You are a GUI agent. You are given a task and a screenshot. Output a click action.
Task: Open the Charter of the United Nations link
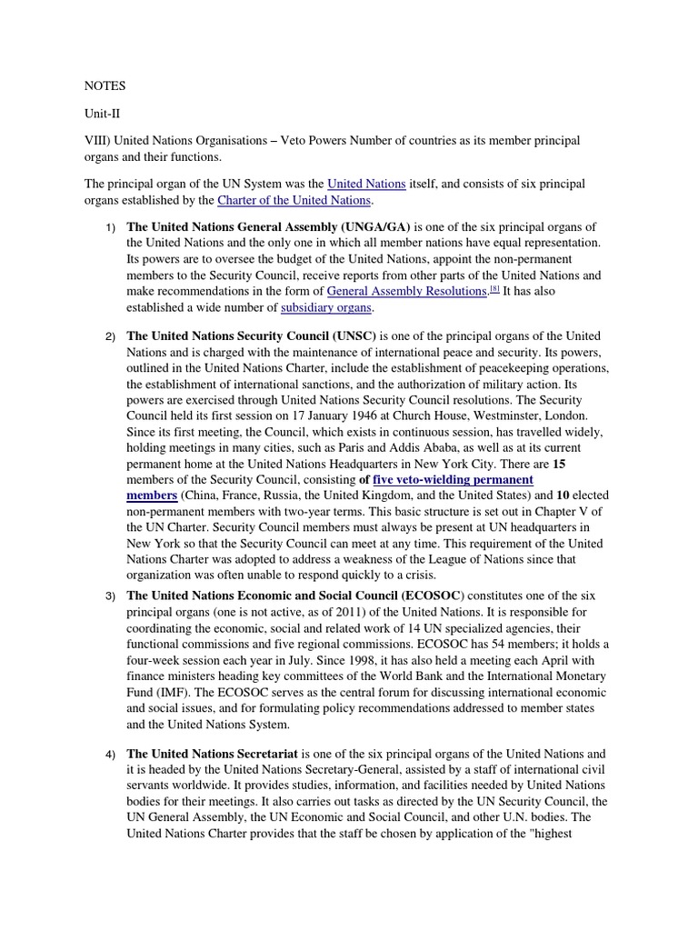[x=294, y=200]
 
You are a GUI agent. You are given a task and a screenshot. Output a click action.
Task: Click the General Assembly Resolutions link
[x=406, y=291]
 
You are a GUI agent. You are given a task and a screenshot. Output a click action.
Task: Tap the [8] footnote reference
[x=494, y=289]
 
